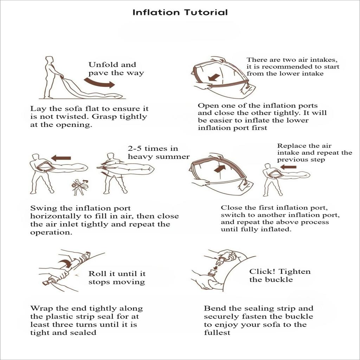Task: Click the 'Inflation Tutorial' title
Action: coord(180,12)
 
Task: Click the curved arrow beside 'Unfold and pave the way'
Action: coord(99,83)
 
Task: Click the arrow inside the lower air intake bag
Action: coord(214,77)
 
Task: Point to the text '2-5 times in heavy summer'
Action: coord(159,153)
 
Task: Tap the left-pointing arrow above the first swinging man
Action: coord(61,158)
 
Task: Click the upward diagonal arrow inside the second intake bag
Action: coord(220,168)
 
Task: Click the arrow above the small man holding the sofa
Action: coord(288,167)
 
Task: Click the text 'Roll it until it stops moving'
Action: coord(117,278)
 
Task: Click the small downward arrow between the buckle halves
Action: coord(215,268)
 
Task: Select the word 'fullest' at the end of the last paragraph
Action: coord(217,333)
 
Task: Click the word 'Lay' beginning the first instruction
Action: coord(36,109)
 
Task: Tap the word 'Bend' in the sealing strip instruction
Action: coord(213,308)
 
